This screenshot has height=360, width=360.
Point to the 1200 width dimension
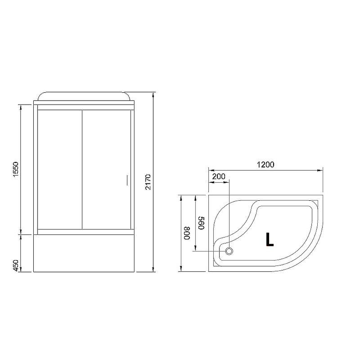tap(266, 164)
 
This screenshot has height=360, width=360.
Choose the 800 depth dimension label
tap(187, 234)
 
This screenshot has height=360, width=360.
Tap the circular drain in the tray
tap(229, 251)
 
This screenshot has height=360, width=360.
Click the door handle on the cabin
tap(126, 180)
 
